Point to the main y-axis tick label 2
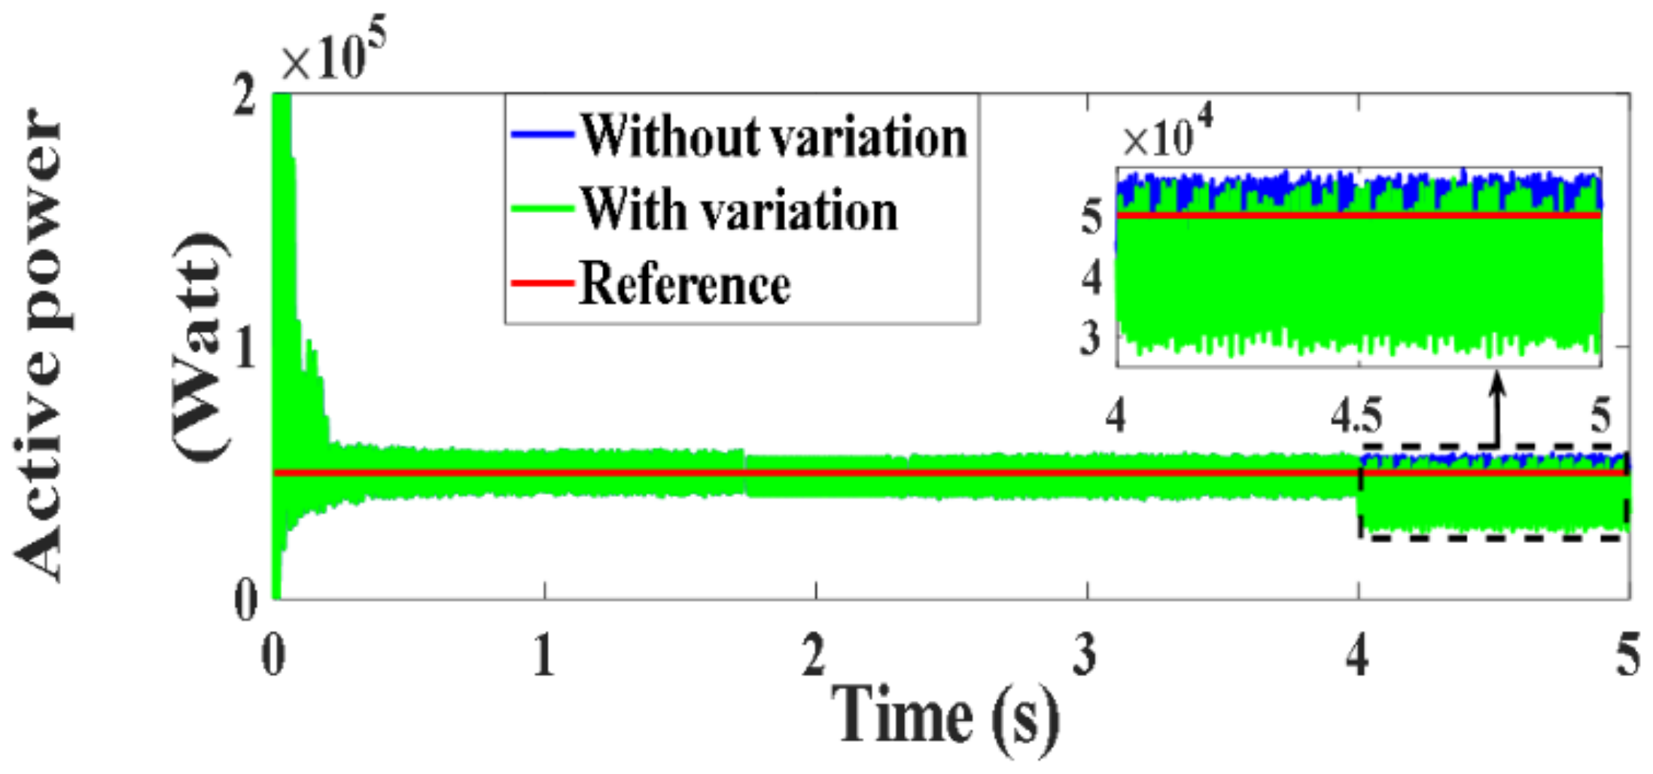click(243, 98)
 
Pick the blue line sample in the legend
click(541, 135)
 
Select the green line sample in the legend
click(541, 209)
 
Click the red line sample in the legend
click(541, 283)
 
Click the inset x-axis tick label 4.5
click(1356, 416)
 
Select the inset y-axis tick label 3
click(1091, 338)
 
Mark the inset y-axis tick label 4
click(1091, 278)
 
